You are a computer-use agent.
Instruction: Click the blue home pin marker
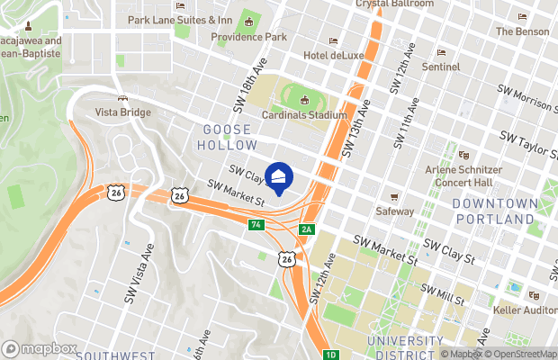[279, 177]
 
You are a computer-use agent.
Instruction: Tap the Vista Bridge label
[123, 112]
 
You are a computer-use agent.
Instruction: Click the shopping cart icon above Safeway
[393, 196]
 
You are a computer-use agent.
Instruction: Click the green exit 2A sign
[307, 229]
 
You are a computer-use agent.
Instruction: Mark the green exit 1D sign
[331, 355]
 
